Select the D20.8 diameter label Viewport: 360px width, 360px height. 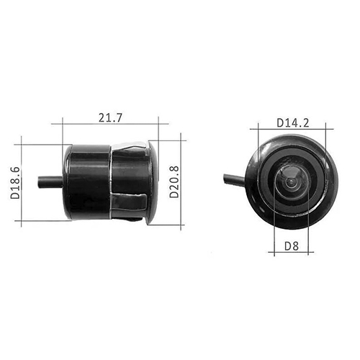click(x=174, y=182)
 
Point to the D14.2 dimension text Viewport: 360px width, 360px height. click(x=293, y=122)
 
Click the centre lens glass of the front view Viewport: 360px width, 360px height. click(x=291, y=182)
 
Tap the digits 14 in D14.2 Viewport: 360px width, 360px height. click(x=291, y=122)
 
